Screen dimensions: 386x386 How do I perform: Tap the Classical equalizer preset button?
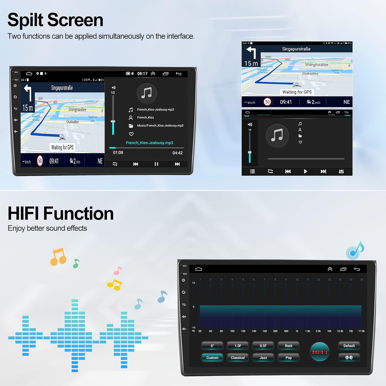pyautogui.click(x=238, y=358)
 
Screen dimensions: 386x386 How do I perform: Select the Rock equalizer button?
pyautogui.click(x=288, y=346)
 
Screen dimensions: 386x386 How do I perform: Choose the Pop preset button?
pyautogui.click(x=288, y=358)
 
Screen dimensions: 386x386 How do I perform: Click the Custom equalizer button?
pyautogui.click(x=212, y=358)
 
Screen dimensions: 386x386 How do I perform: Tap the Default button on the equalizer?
pyautogui.click(x=349, y=346)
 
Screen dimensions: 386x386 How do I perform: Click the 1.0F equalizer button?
pyautogui.click(x=238, y=346)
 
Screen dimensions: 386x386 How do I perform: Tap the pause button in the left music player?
pyautogui.click(x=156, y=164)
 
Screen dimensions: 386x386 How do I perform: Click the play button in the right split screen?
pyautogui.click(x=305, y=171)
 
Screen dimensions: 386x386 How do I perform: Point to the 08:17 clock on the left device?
pyautogui.click(x=142, y=74)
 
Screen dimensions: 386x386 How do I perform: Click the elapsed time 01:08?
pyautogui.click(x=118, y=153)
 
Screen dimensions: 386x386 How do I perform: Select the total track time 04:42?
pyautogui.click(x=177, y=153)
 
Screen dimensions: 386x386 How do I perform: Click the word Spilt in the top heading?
pyautogui.click(x=25, y=20)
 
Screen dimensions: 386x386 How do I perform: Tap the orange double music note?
pyautogui.click(x=58, y=257)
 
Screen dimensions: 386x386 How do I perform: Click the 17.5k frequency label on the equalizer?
pyautogui.click(x=361, y=331)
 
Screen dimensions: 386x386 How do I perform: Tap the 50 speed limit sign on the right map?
pyautogui.click(x=267, y=102)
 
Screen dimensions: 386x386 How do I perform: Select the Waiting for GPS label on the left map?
pyautogui.click(x=63, y=147)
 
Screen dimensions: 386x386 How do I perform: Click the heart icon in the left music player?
pyautogui.click(x=131, y=134)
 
